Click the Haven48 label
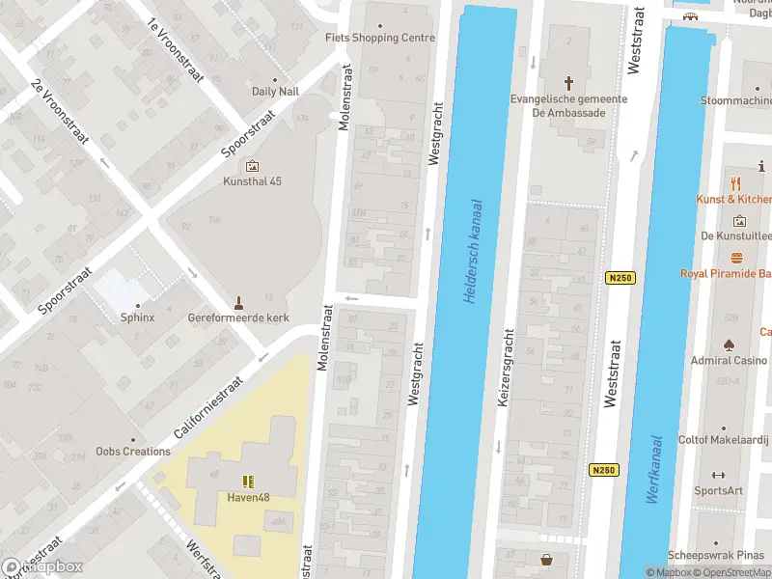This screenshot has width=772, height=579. pos(248,498)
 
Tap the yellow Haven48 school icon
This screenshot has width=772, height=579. pos(248,481)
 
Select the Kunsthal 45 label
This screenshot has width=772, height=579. pos(253,181)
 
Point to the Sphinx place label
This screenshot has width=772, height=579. pos(137,317)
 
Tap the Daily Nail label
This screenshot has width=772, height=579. pos(276,92)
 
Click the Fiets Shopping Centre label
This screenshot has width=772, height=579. pos(380,38)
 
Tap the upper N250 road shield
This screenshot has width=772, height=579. pos(620,278)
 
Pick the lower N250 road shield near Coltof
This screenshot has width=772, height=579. pos(603,470)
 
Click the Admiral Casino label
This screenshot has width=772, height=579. pos(729,361)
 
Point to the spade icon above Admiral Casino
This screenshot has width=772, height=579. pos(729,344)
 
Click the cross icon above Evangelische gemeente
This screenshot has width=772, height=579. pos(569,82)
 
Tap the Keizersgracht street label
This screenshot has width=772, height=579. pos(503,369)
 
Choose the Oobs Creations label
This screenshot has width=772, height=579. pos(133,451)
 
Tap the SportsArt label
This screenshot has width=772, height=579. pos(719,490)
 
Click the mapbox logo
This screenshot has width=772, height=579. pos(42,566)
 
